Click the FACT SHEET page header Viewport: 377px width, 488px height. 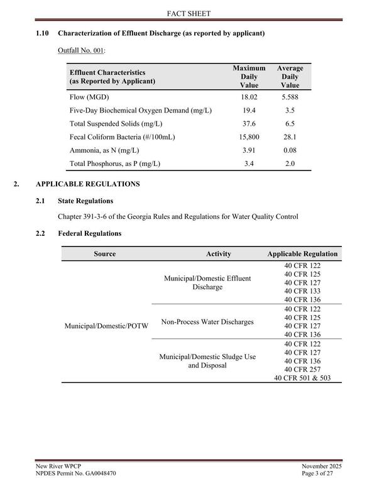click(x=188, y=13)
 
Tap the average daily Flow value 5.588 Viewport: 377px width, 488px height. click(x=290, y=97)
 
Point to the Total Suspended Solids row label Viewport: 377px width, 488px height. click(x=115, y=124)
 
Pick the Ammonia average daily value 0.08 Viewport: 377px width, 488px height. click(x=290, y=150)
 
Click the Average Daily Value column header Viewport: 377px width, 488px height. click(x=290, y=76)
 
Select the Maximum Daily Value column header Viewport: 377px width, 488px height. click(x=249, y=76)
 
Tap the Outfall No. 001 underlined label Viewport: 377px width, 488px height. click(x=81, y=49)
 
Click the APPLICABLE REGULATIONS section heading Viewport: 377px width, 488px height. click(x=87, y=184)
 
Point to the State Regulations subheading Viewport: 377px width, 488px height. click(x=85, y=201)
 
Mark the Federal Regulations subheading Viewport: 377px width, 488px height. click(x=89, y=233)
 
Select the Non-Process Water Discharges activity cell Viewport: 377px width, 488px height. click(x=207, y=322)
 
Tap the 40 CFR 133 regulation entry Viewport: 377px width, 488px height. click(x=302, y=291)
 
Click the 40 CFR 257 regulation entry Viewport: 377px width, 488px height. click(x=302, y=369)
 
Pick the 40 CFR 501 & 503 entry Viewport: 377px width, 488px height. click(x=302, y=378)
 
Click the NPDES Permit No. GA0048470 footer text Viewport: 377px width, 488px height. click(x=75, y=472)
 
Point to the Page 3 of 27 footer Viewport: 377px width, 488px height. click(x=321, y=472)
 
